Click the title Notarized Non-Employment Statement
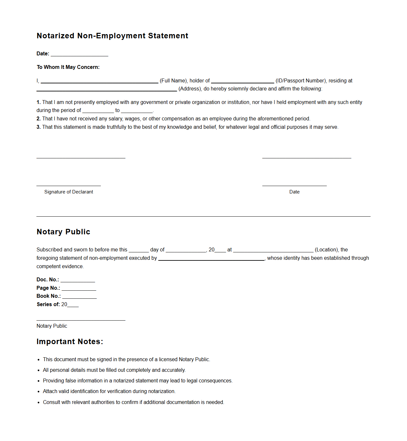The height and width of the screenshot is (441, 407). [112, 36]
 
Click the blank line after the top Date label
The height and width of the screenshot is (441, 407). [79, 54]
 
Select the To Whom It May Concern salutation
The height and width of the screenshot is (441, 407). [68, 67]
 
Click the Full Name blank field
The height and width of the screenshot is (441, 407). [99, 81]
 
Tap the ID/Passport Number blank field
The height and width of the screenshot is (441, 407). [242, 81]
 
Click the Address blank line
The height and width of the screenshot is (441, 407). [107, 89]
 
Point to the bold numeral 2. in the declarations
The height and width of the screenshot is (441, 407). [39, 118]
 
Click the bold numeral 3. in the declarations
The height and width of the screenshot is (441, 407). [39, 127]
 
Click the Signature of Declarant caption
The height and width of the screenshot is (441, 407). [69, 192]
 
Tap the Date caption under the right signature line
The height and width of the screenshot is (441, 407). [294, 192]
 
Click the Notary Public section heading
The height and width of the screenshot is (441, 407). [63, 232]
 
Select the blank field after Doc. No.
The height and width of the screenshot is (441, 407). [78, 280]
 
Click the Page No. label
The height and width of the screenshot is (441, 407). [48, 288]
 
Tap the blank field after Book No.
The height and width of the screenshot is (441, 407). [79, 296]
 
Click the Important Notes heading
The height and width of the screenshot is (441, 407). [70, 342]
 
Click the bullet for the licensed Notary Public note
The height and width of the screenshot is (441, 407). [39, 360]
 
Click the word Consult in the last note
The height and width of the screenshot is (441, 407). [52, 402]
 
